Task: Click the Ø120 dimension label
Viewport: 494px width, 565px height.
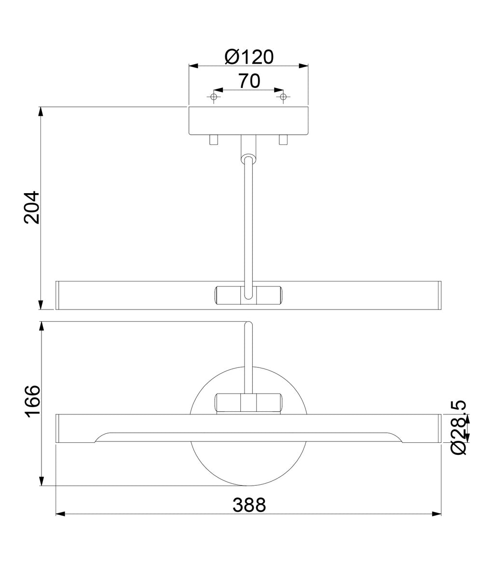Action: pyautogui.click(x=249, y=57)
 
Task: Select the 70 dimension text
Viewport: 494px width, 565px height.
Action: pyautogui.click(x=249, y=81)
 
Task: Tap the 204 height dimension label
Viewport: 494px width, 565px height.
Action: pyautogui.click(x=32, y=208)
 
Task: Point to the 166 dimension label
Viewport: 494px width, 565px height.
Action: pyautogui.click(x=32, y=402)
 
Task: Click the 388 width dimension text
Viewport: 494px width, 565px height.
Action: pyautogui.click(x=249, y=505)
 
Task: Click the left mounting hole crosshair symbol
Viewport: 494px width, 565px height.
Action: pyautogui.click(x=214, y=98)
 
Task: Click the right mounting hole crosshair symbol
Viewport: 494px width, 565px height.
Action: pyautogui.click(x=283, y=98)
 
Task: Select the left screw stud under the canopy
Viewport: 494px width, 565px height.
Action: pyautogui.click(x=214, y=140)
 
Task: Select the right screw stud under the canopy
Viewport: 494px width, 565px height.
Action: pyautogui.click(x=283, y=140)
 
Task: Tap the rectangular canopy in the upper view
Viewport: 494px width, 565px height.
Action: pyautogui.click(x=248, y=121)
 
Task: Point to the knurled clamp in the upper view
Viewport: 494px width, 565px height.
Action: pyautogui.click(x=248, y=295)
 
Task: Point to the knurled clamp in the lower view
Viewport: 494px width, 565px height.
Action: pyautogui.click(x=248, y=402)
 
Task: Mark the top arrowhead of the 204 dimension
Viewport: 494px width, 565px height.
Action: pyautogui.click(x=41, y=111)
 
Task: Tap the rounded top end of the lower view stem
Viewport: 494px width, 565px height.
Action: pyautogui.click(x=248, y=325)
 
